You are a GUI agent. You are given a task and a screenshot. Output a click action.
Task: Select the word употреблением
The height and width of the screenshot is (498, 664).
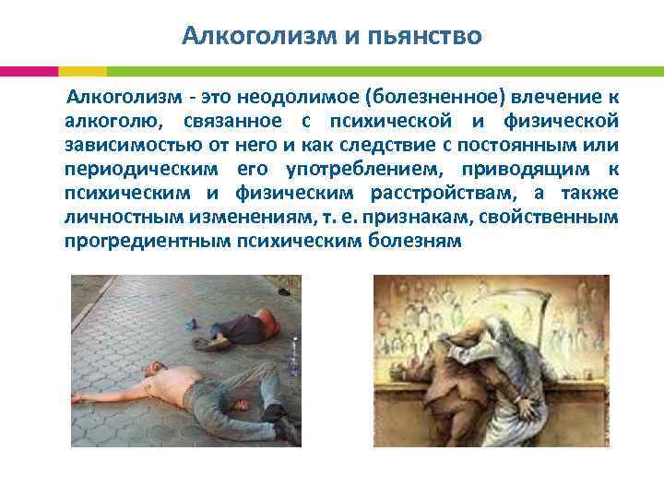click(376, 170)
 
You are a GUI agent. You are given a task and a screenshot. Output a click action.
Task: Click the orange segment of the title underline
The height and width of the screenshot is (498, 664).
click(82, 71)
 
